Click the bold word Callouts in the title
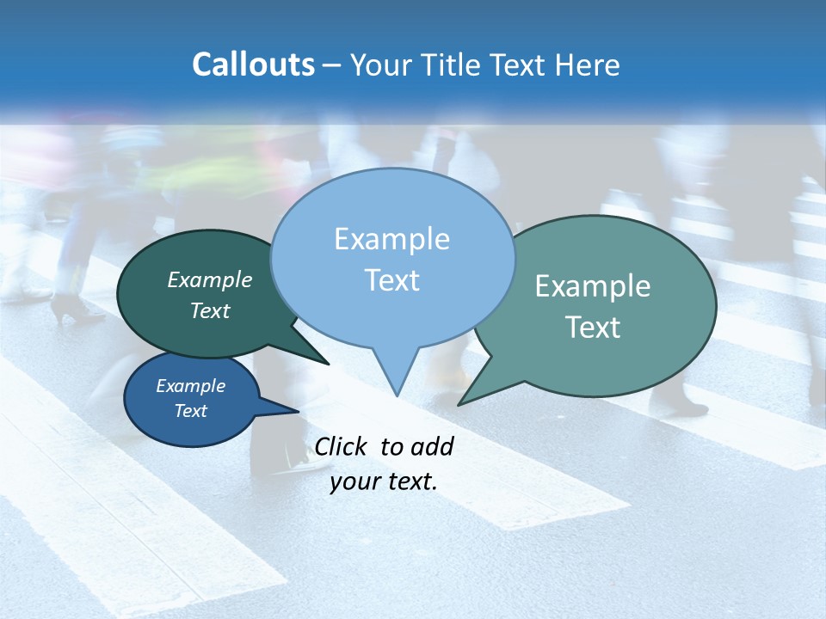[x=253, y=64]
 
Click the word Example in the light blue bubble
[x=391, y=239]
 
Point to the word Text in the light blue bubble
[x=391, y=280]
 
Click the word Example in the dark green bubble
[x=210, y=279]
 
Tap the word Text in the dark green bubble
[x=210, y=310]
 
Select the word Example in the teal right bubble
[x=593, y=286]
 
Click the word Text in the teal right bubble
[x=593, y=328]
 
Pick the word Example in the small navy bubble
[x=190, y=386]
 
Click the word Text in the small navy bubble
[x=190, y=410]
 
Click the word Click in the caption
[x=342, y=446]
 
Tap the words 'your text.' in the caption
[x=384, y=482]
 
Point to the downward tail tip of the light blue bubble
[x=397, y=395]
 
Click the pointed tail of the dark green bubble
[x=328, y=364]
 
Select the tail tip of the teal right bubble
[x=459, y=404]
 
